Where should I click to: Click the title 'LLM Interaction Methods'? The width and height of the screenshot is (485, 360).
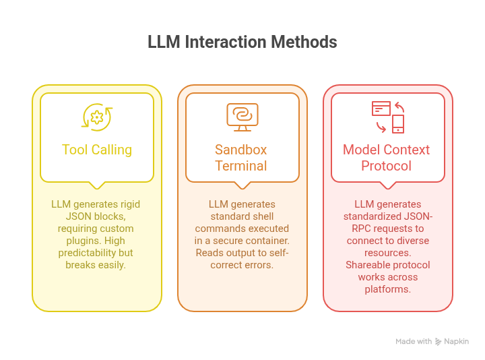click(x=243, y=42)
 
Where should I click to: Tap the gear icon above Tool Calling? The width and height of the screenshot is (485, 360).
click(x=97, y=117)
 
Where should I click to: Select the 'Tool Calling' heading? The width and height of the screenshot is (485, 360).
click(x=97, y=150)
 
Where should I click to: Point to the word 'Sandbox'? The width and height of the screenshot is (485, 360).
click(x=241, y=150)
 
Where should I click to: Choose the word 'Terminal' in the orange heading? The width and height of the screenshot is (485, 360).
click(x=241, y=165)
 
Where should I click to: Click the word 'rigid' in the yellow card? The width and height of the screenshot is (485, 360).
click(x=127, y=204)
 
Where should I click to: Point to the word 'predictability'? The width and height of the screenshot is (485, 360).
click(x=85, y=253)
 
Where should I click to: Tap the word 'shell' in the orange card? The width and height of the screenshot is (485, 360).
click(x=264, y=216)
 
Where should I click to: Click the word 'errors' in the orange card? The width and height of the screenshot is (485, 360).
click(x=259, y=265)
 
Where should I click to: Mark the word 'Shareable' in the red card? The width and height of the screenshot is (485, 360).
click(x=368, y=265)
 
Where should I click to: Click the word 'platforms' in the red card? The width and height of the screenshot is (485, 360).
click(x=387, y=289)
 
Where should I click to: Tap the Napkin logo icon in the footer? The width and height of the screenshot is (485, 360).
click(x=439, y=342)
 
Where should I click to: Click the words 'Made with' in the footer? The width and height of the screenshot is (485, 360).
click(x=414, y=342)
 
